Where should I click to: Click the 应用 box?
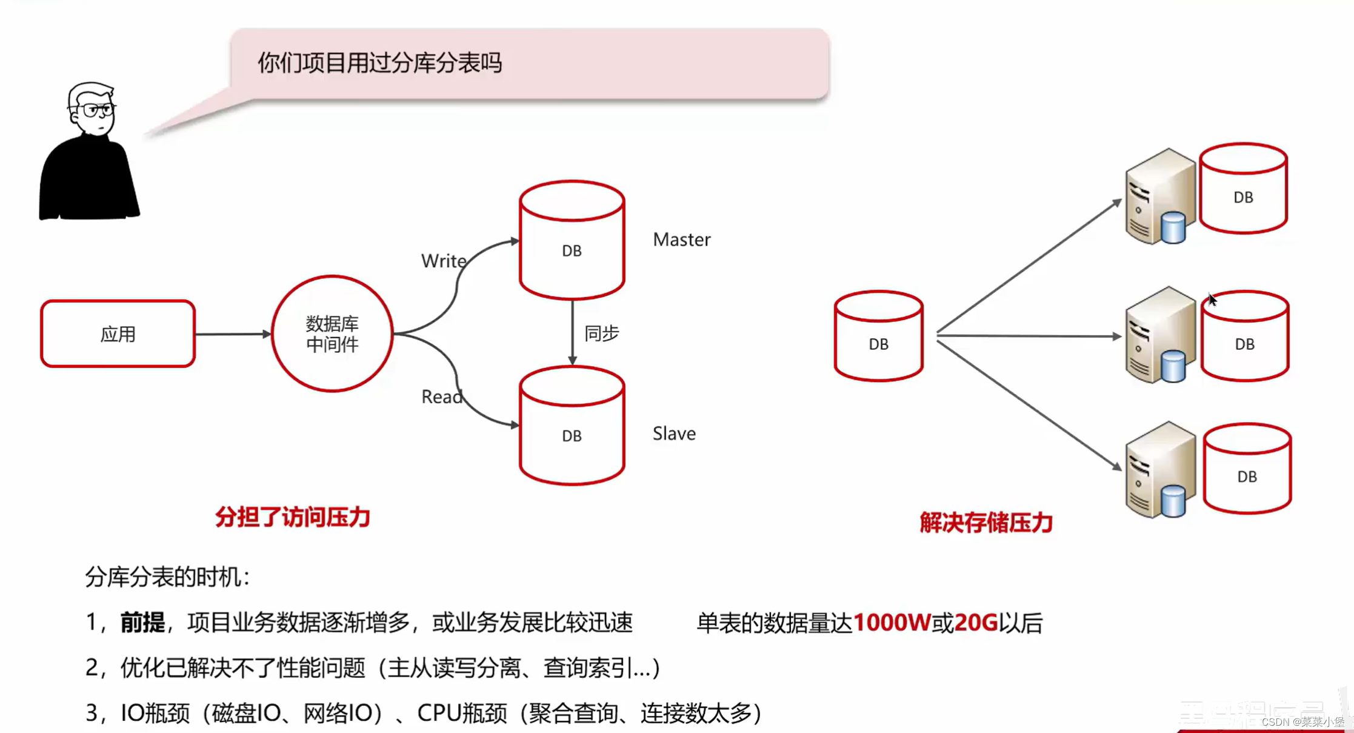click(118, 334)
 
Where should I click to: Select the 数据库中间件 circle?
click(332, 334)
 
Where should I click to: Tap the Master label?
click(681, 240)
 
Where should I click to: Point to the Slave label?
click(674, 434)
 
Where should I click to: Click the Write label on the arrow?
click(443, 261)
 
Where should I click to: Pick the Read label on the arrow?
click(441, 397)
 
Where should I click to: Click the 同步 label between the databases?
click(601, 333)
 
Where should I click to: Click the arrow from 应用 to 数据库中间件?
click(233, 334)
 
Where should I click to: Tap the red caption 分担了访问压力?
click(293, 518)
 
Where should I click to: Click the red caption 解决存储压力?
click(986, 523)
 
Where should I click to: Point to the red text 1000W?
click(892, 623)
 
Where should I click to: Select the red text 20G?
click(976, 623)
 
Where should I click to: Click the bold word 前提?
click(142, 623)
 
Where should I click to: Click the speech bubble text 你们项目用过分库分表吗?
click(380, 63)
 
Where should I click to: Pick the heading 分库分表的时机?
click(167, 577)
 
